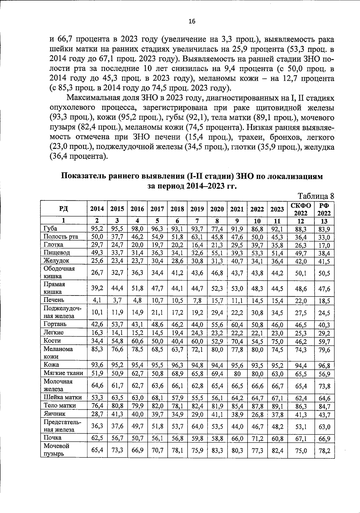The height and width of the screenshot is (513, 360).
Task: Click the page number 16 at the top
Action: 192,21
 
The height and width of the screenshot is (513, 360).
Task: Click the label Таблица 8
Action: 316,196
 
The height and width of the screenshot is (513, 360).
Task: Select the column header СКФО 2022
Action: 301,209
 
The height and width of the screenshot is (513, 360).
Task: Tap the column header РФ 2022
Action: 324,209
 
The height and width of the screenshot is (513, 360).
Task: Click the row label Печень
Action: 54,300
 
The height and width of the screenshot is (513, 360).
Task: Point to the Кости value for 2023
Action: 277,340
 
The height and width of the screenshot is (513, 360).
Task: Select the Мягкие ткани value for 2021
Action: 237,373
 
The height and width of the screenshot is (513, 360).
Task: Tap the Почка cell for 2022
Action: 257,438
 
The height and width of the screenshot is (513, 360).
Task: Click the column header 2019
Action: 197,209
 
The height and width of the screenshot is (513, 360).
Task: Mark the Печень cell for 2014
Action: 97,300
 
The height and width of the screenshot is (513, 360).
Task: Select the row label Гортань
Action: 55,324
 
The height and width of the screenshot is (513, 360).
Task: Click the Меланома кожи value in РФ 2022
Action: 324,349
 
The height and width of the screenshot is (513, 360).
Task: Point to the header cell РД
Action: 63,209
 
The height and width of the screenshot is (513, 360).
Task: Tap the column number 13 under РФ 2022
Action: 324,221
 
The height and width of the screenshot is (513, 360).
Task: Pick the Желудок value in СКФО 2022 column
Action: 301,261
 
